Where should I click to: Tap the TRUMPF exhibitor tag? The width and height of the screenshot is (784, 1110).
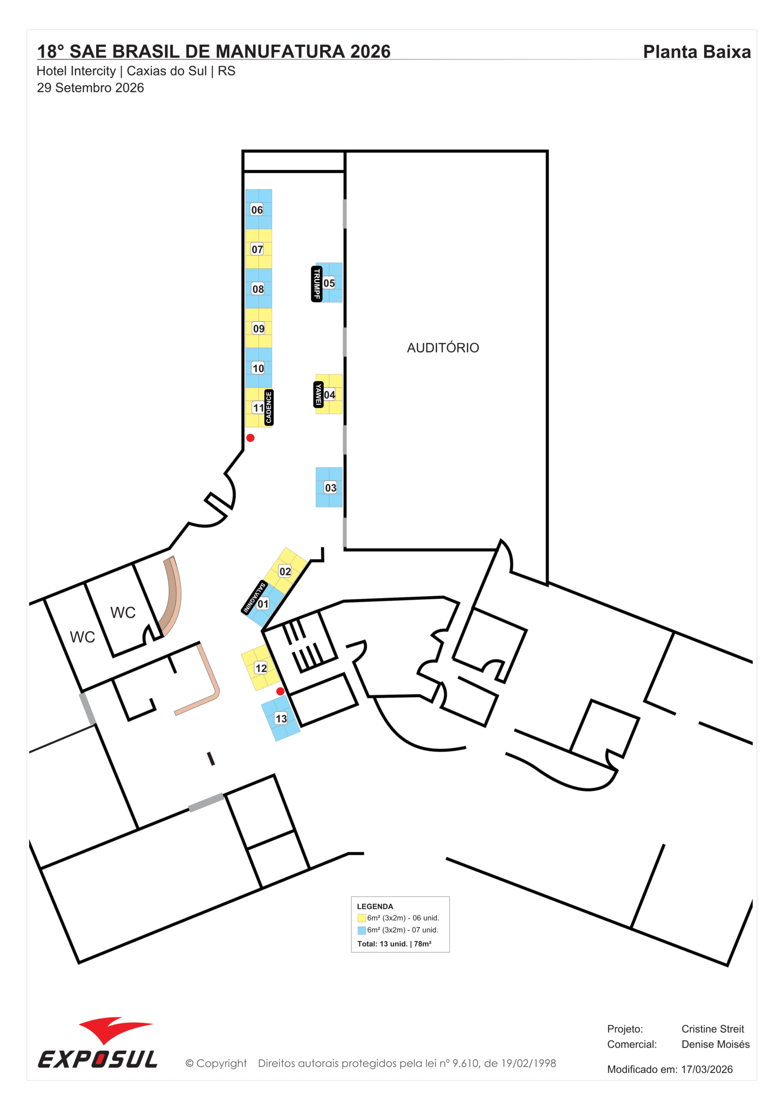(x=316, y=284)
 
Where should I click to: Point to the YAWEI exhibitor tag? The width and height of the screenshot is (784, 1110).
(x=318, y=394)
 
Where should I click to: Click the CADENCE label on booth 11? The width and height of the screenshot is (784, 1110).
(x=269, y=408)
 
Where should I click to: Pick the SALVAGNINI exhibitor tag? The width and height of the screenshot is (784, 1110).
(x=254, y=597)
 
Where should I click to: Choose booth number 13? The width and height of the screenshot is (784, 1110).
(x=281, y=718)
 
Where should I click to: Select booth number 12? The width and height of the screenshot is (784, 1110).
(x=261, y=668)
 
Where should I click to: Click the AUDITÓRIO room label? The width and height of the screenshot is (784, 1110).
(x=443, y=347)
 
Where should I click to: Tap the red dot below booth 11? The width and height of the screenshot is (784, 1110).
(x=250, y=437)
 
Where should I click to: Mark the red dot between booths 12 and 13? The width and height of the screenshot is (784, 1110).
(x=280, y=691)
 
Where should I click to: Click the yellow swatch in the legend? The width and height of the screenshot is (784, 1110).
(x=361, y=918)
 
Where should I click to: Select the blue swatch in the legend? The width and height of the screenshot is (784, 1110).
(x=361, y=930)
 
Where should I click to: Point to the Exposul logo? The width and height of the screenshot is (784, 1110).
(x=98, y=1043)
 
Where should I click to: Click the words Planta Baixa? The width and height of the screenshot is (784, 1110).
(x=697, y=52)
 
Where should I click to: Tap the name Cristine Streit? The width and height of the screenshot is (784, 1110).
(x=713, y=1029)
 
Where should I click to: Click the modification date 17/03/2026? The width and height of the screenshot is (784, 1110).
(x=707, y=1069)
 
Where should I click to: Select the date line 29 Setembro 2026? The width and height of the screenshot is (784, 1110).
(x=91, y=88)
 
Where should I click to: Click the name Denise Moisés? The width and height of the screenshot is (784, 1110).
(x=716, y=1044)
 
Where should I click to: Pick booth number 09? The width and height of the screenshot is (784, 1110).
(x=259, y=328)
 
